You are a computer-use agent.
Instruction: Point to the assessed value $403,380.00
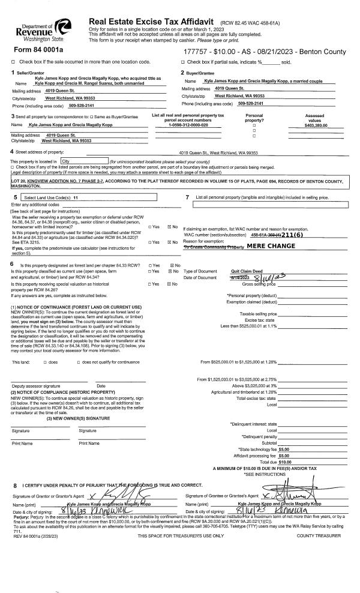pos(315,125)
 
